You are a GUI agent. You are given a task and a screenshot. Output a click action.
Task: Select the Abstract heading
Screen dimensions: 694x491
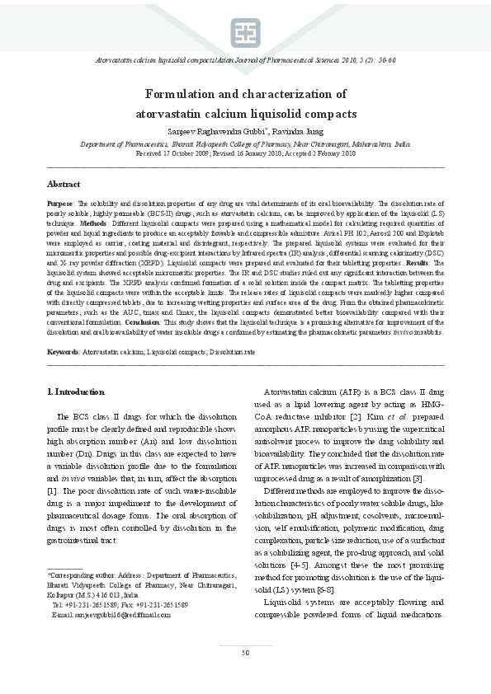64,184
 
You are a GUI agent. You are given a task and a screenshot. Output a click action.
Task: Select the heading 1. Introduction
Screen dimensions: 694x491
76,392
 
